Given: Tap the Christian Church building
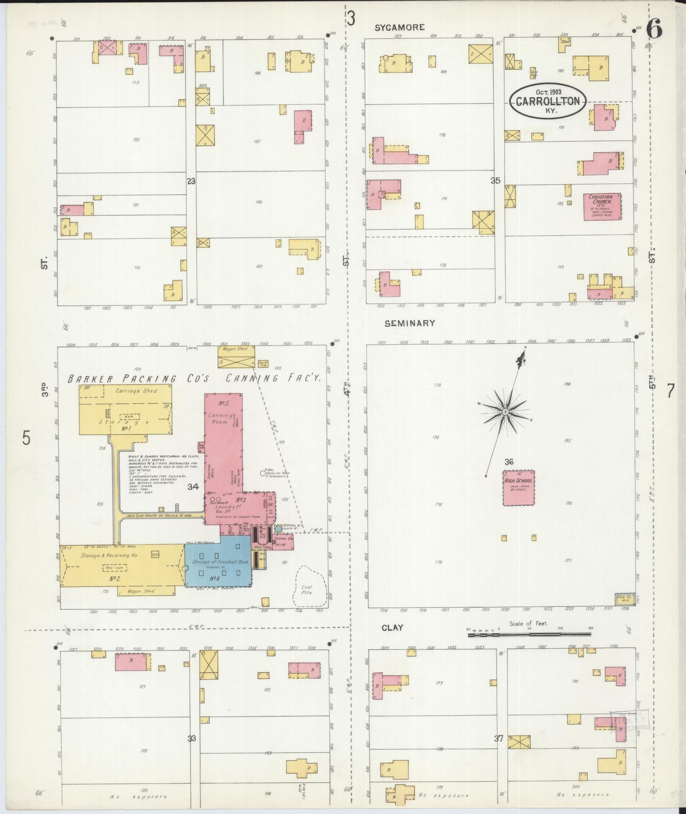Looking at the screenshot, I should (602, 206).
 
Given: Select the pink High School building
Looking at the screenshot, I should (518, 488).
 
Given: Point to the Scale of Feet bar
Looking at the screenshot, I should (529, 634).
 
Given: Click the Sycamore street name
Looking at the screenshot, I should (399, 28).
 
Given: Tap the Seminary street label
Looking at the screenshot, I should (410, 323).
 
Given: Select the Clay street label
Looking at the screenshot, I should (392, 627).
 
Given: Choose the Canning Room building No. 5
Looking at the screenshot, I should (223, 437).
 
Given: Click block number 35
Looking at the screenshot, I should (495, 180).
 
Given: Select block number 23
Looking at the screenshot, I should (191, 181).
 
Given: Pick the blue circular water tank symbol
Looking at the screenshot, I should (278, 528).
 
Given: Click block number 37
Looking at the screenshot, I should (498, 738).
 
